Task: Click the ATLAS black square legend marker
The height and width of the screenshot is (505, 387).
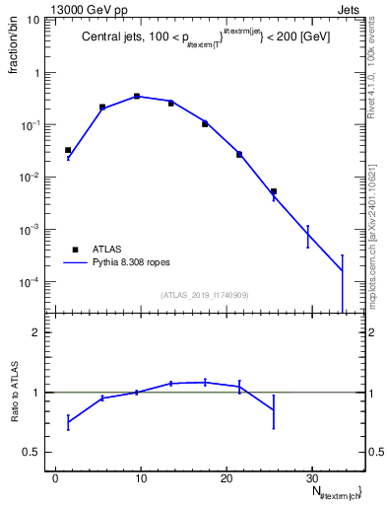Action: tap(73, 251)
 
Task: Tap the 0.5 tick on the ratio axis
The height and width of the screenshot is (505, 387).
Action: tap(35, 452)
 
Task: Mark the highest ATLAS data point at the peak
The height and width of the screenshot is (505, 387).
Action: tap(137, 97)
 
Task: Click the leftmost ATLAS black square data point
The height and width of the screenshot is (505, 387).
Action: tap(68, 150)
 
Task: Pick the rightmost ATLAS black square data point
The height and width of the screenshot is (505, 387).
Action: tap(273, 191)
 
